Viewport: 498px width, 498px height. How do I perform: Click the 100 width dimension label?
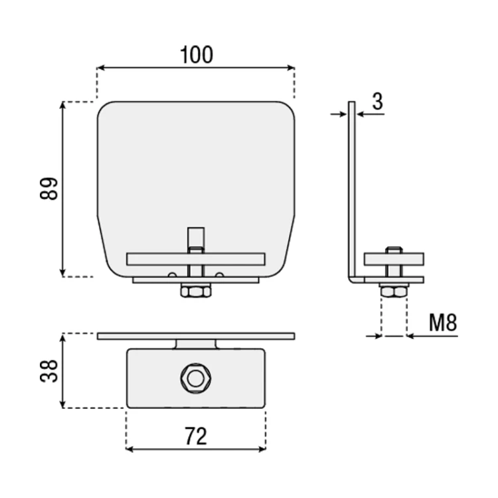pyautogui.click(x=197, y=55)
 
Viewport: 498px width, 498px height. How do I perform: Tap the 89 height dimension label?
pyautogui.click(x=49, y=189)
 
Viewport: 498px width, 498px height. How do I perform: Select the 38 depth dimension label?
pyautogui.click(x=49, y=371)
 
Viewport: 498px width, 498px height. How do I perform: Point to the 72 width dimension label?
pyautogui.click(x=196, y=436)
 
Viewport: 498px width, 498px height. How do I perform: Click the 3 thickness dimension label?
pyautogui.click(x=377, y=102)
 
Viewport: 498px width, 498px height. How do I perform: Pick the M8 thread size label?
pyautogui.click(x=443, y=322)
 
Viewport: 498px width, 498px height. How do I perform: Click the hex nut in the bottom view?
pyautogui.click(x=196, y=378)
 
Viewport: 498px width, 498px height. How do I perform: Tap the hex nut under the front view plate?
pyautogui.click(x=196, y=292)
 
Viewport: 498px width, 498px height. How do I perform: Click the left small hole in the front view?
pyautogui.click(x=172, y=274)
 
